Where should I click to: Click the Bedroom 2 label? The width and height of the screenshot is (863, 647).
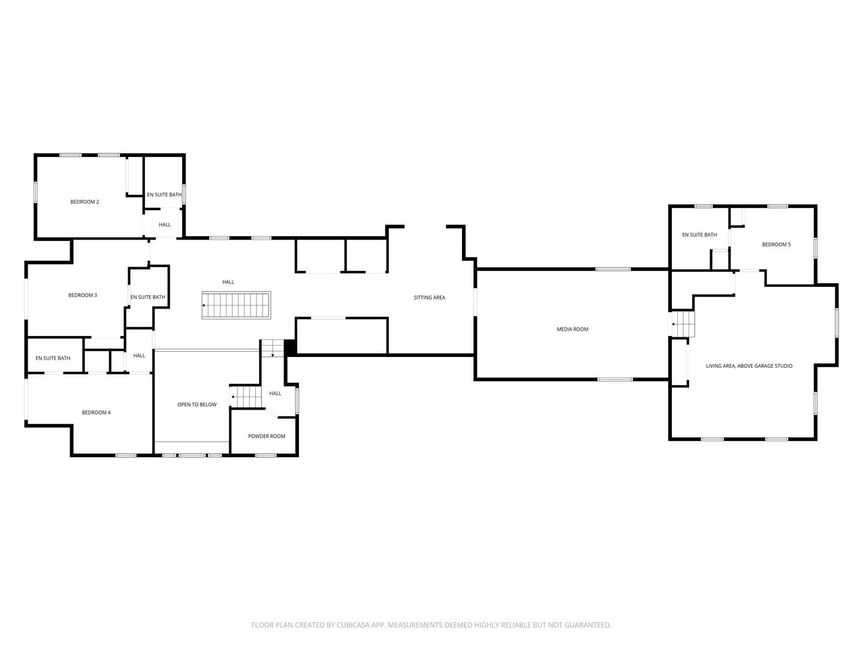point(85,202)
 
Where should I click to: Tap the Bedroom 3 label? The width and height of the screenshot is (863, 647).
point(83,295)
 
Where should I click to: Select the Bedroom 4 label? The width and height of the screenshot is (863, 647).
point(96,413)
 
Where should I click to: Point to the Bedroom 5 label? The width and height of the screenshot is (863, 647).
point(776,244)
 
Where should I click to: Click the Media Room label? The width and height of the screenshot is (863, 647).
point(572,329)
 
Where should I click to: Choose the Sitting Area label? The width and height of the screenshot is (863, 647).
point(429,298)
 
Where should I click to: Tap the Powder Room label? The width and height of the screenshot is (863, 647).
point(267,436)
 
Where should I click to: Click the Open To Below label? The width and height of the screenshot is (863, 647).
point(197,405)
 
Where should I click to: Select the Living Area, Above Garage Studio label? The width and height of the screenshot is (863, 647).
point(749,366)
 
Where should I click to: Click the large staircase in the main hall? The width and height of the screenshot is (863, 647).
point(236,306)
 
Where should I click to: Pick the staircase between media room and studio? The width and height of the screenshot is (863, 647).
point(683,324)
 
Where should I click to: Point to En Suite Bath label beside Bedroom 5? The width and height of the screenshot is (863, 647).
point(699,235)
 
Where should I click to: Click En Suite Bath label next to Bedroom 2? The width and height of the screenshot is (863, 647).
point(164,195)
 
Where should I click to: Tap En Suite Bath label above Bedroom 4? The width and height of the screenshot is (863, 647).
point(53,358)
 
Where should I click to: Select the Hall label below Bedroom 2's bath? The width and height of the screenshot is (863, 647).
point(165,225)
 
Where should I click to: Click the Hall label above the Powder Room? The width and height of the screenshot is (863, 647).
point(275,394)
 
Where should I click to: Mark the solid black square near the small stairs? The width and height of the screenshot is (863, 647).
point(290,347)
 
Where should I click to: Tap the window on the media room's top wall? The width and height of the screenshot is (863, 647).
point(612,269)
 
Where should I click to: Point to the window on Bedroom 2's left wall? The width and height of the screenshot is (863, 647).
point(35,192)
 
